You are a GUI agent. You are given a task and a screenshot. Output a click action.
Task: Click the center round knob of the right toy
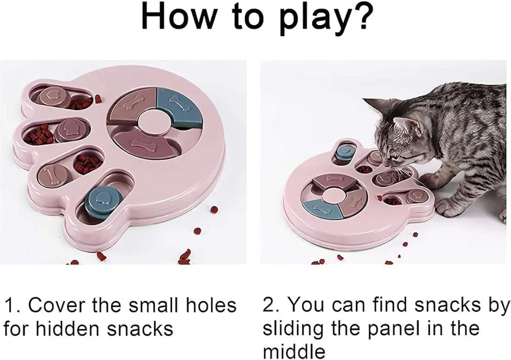[x=334, y=194]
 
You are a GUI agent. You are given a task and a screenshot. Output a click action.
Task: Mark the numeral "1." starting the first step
[x=13, y=305]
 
